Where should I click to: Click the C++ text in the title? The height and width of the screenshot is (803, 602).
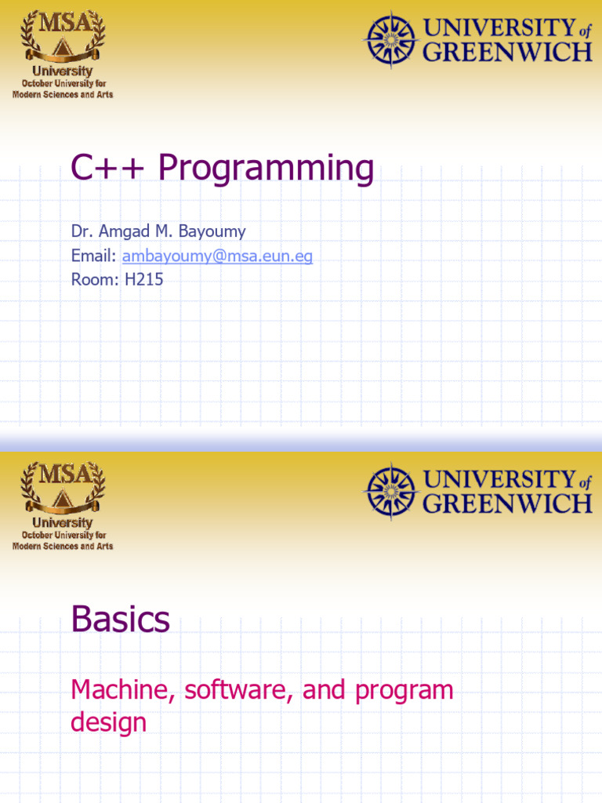pyautogui.click(x=110, y=168)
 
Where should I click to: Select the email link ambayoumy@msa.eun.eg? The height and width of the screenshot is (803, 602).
pyautogui.click(x=217, y=256)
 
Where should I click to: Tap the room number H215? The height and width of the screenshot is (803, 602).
pyautogui.click(x=144, y=279)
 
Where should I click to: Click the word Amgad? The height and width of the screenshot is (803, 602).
pyautogui.click(x=129, y=232)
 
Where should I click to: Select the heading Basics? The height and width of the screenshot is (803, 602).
pyautogui.click(x=120, y=620)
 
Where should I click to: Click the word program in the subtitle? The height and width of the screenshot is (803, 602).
pyautogui.click(x=404, y=690)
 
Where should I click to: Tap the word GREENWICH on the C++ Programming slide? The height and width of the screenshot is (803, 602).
pyautogui.click(x=507, y=53)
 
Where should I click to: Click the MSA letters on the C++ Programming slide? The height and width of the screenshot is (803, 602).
pyautogui.click(x=62, y=21)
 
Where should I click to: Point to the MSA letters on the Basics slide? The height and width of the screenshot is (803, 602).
pyautogui.click(x=62, y=474)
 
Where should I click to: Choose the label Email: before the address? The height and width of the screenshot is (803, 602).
pyautogui.click(x=94, y=256)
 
